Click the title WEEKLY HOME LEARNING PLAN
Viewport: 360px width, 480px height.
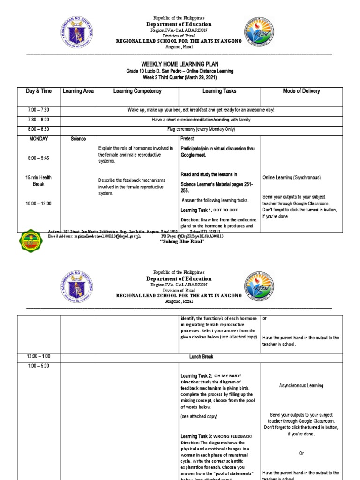pyautogui.click(x=180, y=64)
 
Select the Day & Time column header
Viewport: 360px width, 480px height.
pyautogui.click(x=39, y=91)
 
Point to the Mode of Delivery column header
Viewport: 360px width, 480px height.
pyautogui.click(x=301, y=91)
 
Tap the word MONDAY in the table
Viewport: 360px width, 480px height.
pyautogui.click(x=39, y=139)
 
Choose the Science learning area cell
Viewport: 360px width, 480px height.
pyautogui.click(x=79, y=139)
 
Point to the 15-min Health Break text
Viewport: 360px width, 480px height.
pyautogui.click(x=39, y=180)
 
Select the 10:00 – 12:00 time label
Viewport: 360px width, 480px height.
pyautogui.click(x=39, y=203)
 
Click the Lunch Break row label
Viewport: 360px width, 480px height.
pyautogui.click(x=201, y=357)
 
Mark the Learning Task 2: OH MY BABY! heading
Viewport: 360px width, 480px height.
pyautogui.click(x=211, y=376)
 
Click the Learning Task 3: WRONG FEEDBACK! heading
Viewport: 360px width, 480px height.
pyautogui.click(x=217, y=436)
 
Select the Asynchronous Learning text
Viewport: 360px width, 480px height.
pyautogui.click(x=301, y=386)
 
